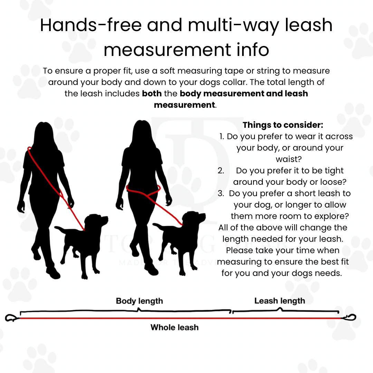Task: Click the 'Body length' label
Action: tap(140, 301)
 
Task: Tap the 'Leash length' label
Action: tap(279, 301)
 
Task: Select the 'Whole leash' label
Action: tap(174, 327)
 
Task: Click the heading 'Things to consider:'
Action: tap(283, 125)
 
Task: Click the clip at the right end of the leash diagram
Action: tap(349, 317)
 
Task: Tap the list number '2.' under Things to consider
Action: tap(221, 171)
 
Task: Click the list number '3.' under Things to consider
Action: tap(221, 193)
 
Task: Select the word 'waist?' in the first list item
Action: tap(288, 159)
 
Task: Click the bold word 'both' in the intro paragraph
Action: tap(152, 94)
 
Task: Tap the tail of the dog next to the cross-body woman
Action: tap(61, 229)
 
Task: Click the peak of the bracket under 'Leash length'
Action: tap(280, 308)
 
